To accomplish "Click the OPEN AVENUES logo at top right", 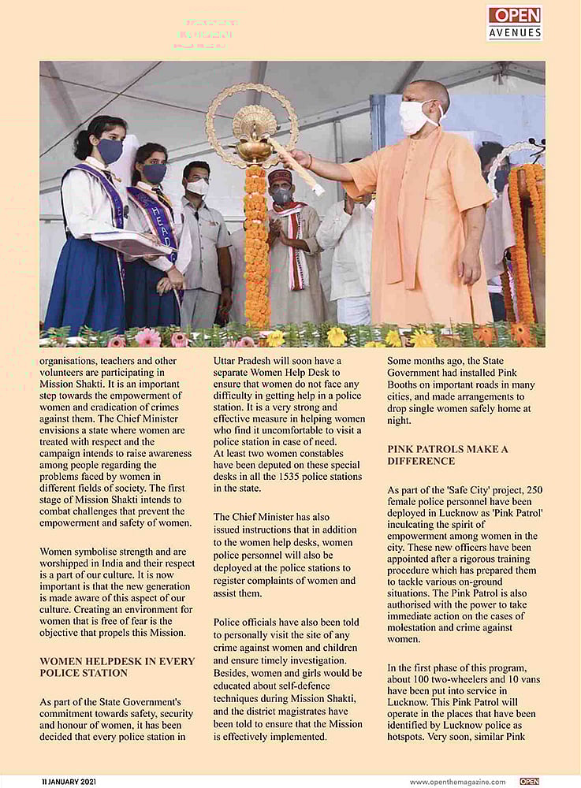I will tap(515, 22).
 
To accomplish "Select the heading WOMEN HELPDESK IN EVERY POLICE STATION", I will tap(117, 667).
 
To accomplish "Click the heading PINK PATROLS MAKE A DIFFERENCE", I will tap(448, 455).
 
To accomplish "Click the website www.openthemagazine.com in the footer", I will tap(457, 782).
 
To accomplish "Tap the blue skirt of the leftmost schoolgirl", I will tap(87, 284).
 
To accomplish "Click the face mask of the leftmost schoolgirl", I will tap(110, 150).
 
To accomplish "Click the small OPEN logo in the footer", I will tap(530, 782).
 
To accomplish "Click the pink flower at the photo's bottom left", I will tap(148, 337).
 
